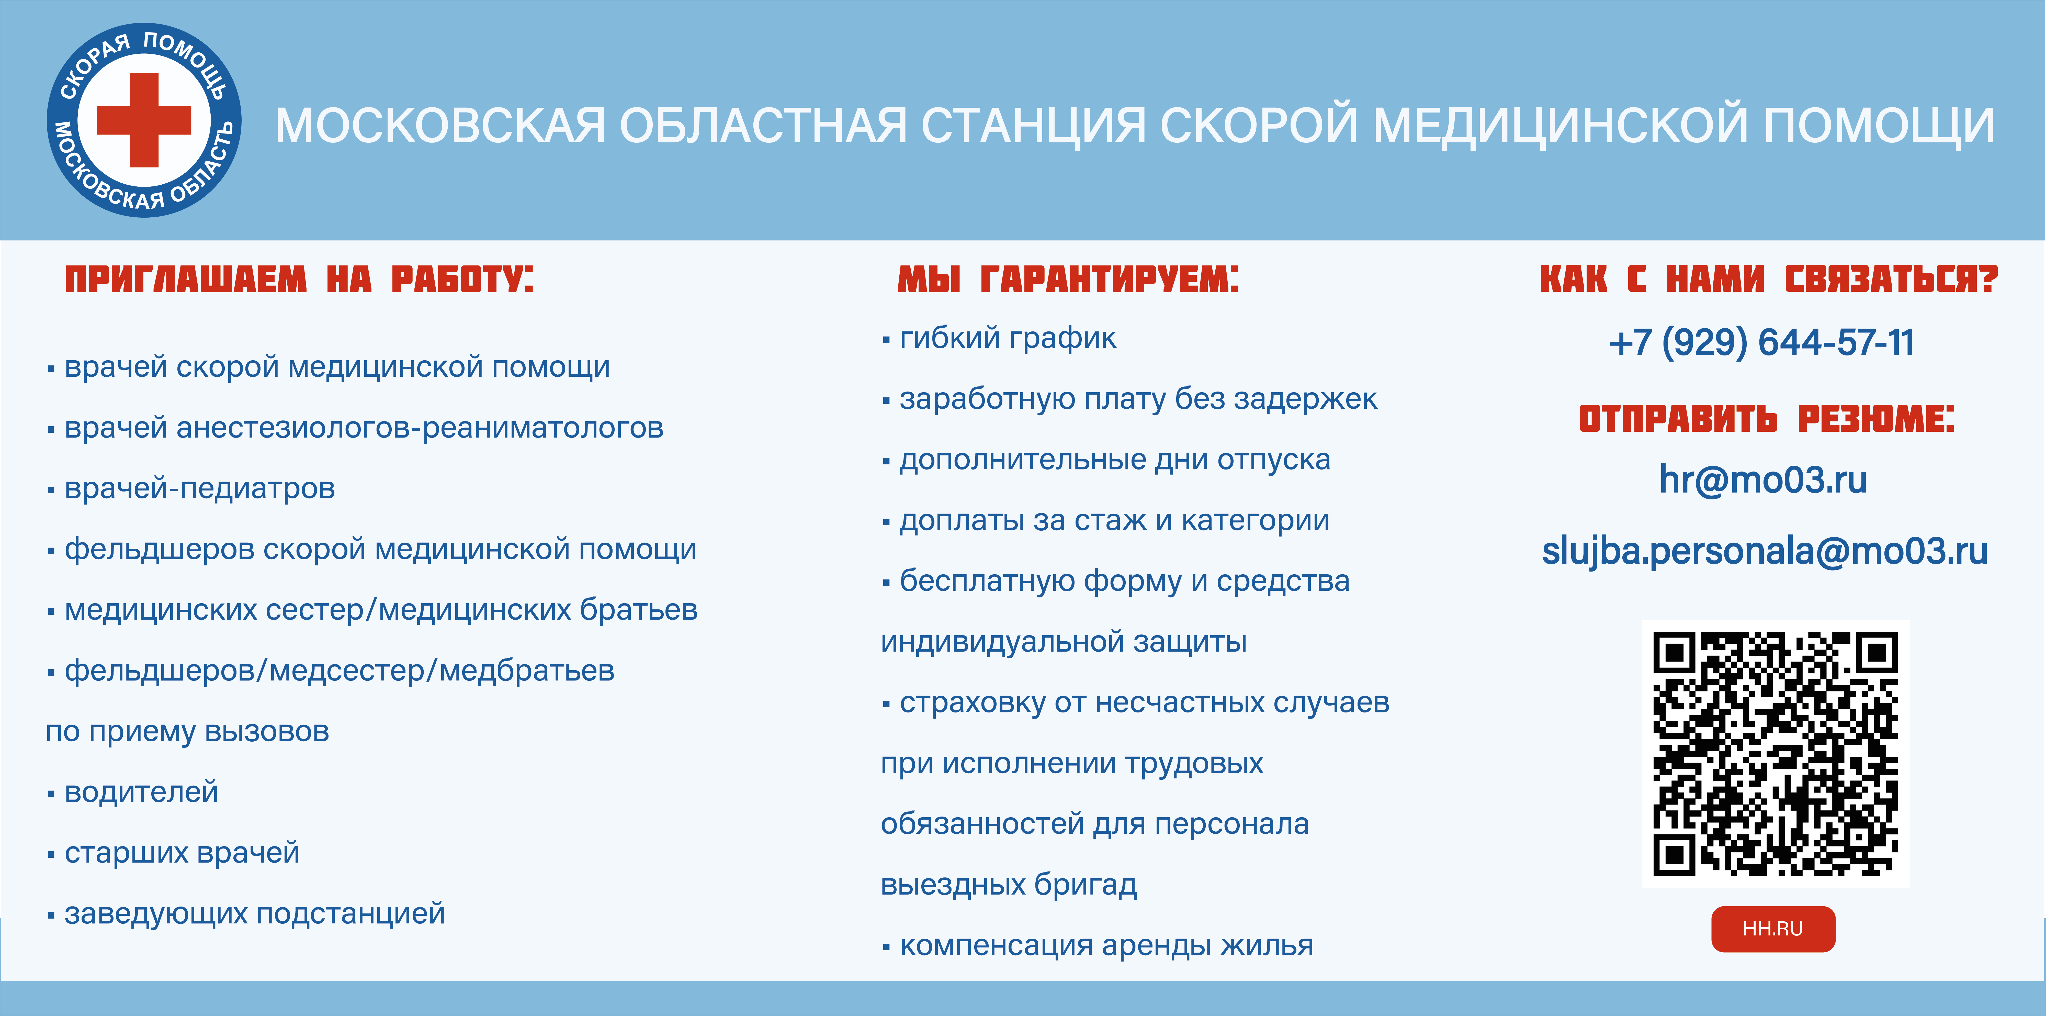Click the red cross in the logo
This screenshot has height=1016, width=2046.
(x=144, y=120)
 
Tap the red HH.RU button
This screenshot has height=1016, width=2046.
(x=1773, y=929)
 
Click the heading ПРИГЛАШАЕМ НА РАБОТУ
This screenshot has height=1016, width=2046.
(x=299, y=280)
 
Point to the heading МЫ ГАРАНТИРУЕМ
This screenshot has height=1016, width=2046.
(x=1067, y=280)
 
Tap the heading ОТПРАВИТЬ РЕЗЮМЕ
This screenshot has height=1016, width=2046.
(x=1766, y=419)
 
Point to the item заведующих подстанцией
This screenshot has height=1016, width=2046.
(x=254, y=913)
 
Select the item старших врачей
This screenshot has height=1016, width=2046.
(x=182, y=853)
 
